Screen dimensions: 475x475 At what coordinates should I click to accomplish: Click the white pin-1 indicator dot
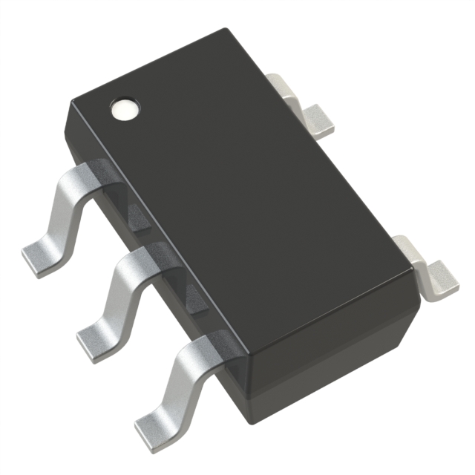pyautogui.click(x=123, y=110)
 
